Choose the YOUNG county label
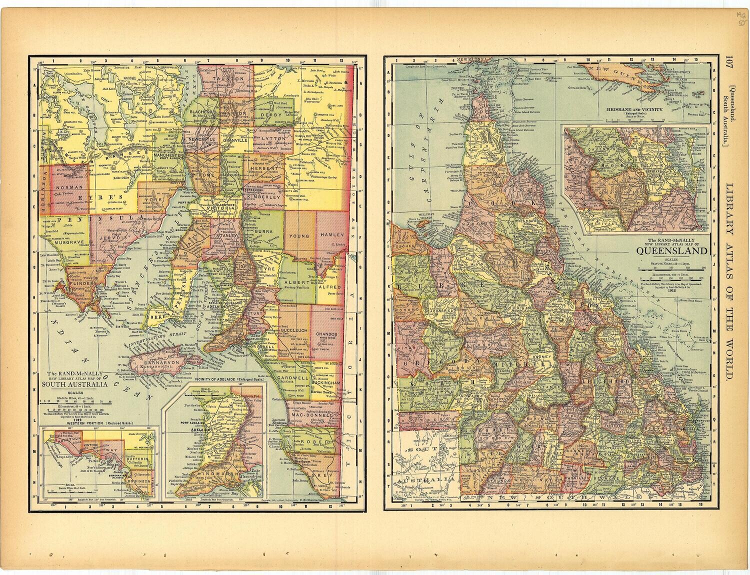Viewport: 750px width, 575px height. coord(299,234)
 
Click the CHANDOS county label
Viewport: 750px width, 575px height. coord(326,333)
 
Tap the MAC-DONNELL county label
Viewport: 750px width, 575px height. coord(313,415)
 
